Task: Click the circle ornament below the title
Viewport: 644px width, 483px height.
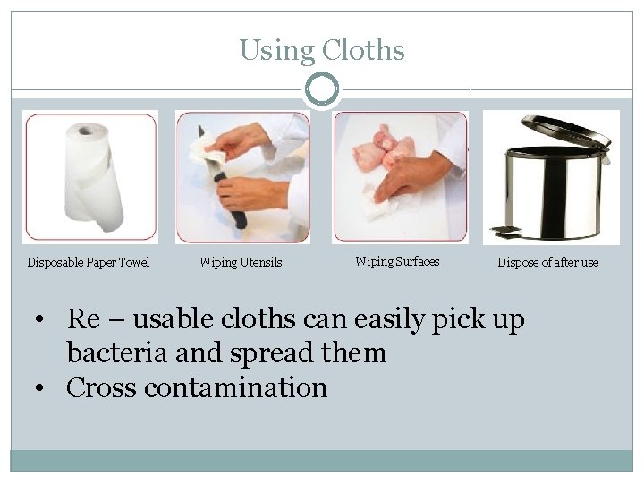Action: coord(321,89)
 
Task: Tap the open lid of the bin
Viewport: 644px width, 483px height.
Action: coord(563,131)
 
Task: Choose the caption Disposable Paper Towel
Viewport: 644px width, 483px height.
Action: coord(89,262)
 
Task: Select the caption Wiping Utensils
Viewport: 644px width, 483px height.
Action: coord(241,262)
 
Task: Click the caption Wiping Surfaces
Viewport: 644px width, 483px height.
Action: coord(397,261)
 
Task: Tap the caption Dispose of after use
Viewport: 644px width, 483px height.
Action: coord(548,262)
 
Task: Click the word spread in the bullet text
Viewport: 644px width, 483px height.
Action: coord(257,353)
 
